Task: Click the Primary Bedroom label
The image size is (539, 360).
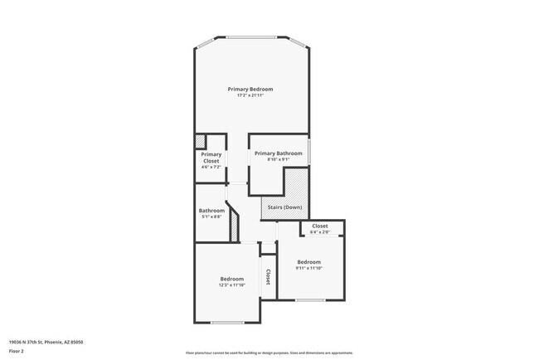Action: [x=250, y=89]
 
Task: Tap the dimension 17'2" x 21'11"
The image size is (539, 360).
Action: [x=250, y=96]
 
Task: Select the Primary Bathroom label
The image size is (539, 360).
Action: [x=278, y=153]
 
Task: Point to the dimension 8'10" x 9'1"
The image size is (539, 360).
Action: [x=278, y=160]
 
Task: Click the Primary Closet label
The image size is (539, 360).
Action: [x=211, y=157]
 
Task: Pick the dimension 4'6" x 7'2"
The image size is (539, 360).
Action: [x=211, y=167]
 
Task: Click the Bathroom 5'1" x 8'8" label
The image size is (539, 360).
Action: [x=211, y=211]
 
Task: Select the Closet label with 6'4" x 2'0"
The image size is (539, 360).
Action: [x=319, y=226]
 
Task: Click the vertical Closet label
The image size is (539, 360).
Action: [x=268, y=277]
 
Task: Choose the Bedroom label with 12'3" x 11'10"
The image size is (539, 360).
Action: [x=231, y=279]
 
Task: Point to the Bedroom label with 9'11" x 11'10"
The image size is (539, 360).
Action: [x=308, y=262]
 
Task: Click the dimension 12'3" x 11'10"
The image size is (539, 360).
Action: [x=231, y=285]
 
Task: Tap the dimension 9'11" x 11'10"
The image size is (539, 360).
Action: [x=308, y=269]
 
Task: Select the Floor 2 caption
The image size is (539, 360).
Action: [x=17, y=350]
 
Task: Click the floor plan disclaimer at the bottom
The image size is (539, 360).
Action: [x=269, y=353]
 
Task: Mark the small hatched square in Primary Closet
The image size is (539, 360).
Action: [x=200, y=140]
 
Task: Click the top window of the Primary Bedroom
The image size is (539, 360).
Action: [x=251, y=37]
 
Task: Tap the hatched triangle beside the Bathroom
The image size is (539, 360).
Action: [x=235, y=224]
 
